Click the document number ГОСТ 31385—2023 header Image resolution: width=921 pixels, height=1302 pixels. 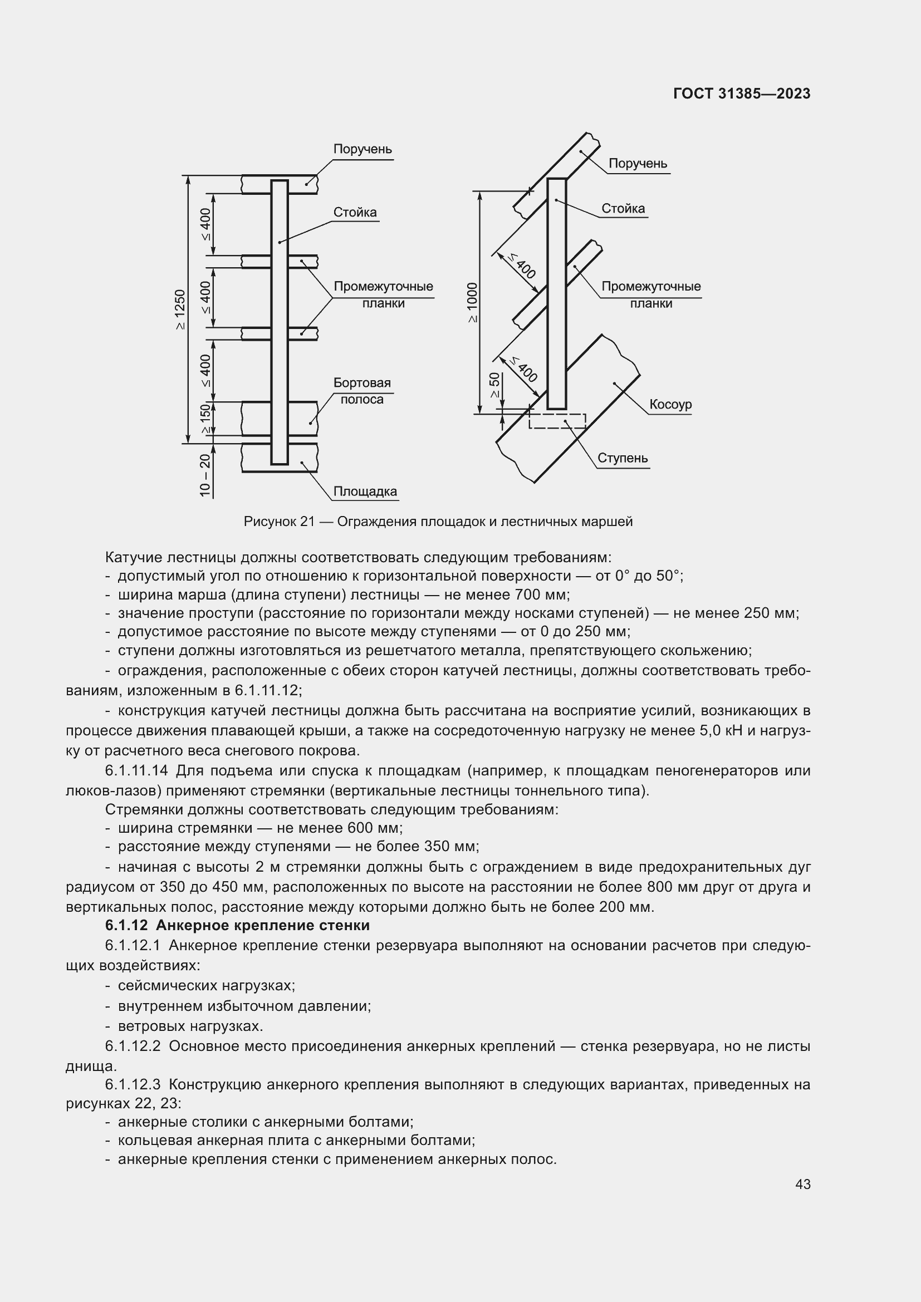pos(742,94)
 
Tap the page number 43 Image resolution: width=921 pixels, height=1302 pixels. pos(802,1185)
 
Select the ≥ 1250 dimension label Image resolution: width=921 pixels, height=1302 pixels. pos(180,309)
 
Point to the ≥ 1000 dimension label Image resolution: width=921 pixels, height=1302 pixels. pos(472,302)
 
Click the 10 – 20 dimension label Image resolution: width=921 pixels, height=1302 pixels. pos(205,475)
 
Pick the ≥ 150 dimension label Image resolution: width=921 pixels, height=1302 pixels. pos(205,419)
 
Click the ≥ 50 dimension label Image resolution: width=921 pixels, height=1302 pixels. pos(494,386)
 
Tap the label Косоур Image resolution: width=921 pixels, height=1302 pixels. pos(670,404)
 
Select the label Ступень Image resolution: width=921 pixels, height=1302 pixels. pos(622,458)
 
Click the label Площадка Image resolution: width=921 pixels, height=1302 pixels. pos(365,491)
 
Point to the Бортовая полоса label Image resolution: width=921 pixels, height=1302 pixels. pos(362,391)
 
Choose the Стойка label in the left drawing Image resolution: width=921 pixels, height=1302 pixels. pos(355,213)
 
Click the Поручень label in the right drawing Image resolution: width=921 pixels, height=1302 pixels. pos(638,164)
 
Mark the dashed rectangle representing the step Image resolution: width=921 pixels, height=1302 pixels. pos(557,421)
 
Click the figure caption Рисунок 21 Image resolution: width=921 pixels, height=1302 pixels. pos(438,522)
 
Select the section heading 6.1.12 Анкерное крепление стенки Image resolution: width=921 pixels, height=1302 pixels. pos(237,926)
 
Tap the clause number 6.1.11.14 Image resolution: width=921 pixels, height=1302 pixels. pos(139,770)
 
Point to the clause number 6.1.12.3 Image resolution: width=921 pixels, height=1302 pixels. pos(133,1085)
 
